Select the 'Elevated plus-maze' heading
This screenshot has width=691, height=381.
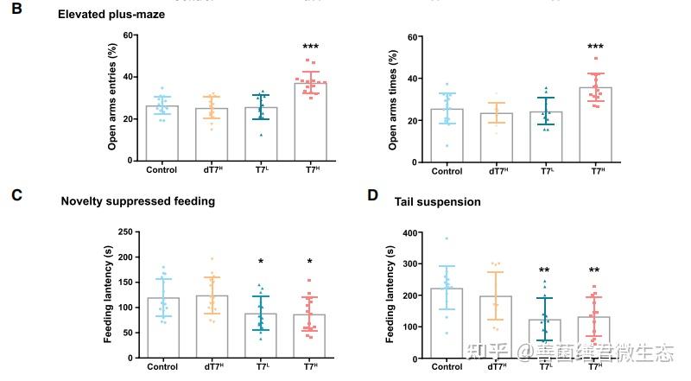click(x=111, y=15)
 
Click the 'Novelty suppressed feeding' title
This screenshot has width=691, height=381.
click(x=137, y=201)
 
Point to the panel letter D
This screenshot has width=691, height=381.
click(x=372, y=195)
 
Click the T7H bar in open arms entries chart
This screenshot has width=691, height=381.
click(x=309, y=121)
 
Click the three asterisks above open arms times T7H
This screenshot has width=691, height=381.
click(x=595, y=47)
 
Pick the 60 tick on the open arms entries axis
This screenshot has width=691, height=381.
click(x=130, y=35)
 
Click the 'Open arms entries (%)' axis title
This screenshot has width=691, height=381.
click(x=112, y=98)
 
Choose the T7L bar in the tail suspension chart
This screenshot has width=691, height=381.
click(x=546, y=339)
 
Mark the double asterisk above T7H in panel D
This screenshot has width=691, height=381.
click(x=595, y=270)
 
